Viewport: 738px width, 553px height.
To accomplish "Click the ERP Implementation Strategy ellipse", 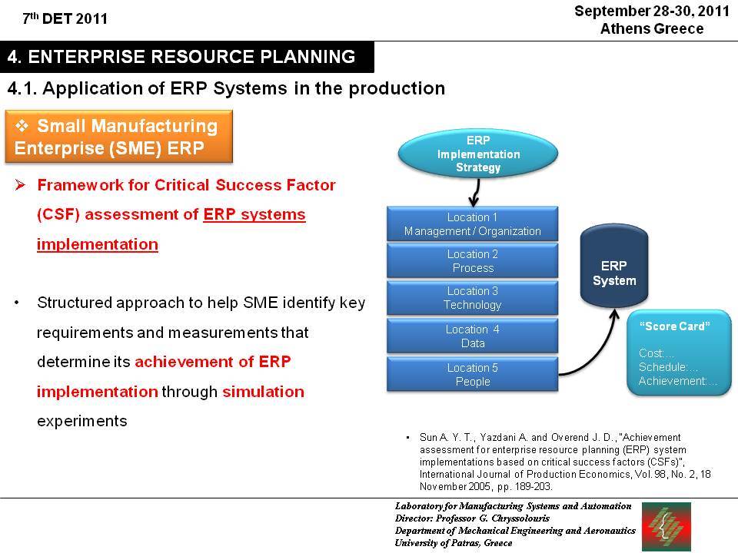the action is tap(477, 154).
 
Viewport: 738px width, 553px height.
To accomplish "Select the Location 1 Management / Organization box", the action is tap(473, 224).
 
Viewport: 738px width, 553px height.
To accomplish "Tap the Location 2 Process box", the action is tap(473, 261).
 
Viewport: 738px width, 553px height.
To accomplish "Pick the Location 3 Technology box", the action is tap(473, 298).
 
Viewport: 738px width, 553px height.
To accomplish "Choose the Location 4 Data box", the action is tap(473, 336).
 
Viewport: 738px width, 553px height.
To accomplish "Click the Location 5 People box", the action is tap(473, 374).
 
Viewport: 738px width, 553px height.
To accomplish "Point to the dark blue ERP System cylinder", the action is tap(613, 267).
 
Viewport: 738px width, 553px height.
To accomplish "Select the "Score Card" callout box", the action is tap(679, 353).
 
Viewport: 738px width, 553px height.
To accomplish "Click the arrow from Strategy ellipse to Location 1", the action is tap(476, 192).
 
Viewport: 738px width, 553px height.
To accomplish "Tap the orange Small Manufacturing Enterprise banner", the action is tap(118, 137).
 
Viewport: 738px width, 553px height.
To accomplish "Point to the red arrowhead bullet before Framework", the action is tap(20, 185).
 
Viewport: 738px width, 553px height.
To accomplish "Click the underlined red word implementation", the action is tap(98, 244).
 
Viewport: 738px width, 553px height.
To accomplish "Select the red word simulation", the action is tap(263, 392).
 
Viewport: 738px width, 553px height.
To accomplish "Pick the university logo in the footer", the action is tap(667, 526).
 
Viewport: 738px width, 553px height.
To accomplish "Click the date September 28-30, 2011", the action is tap(652, 11).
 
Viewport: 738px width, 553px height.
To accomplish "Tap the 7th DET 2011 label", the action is tap(65, 18).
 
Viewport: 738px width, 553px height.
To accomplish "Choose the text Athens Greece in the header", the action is tap(652, 28).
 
